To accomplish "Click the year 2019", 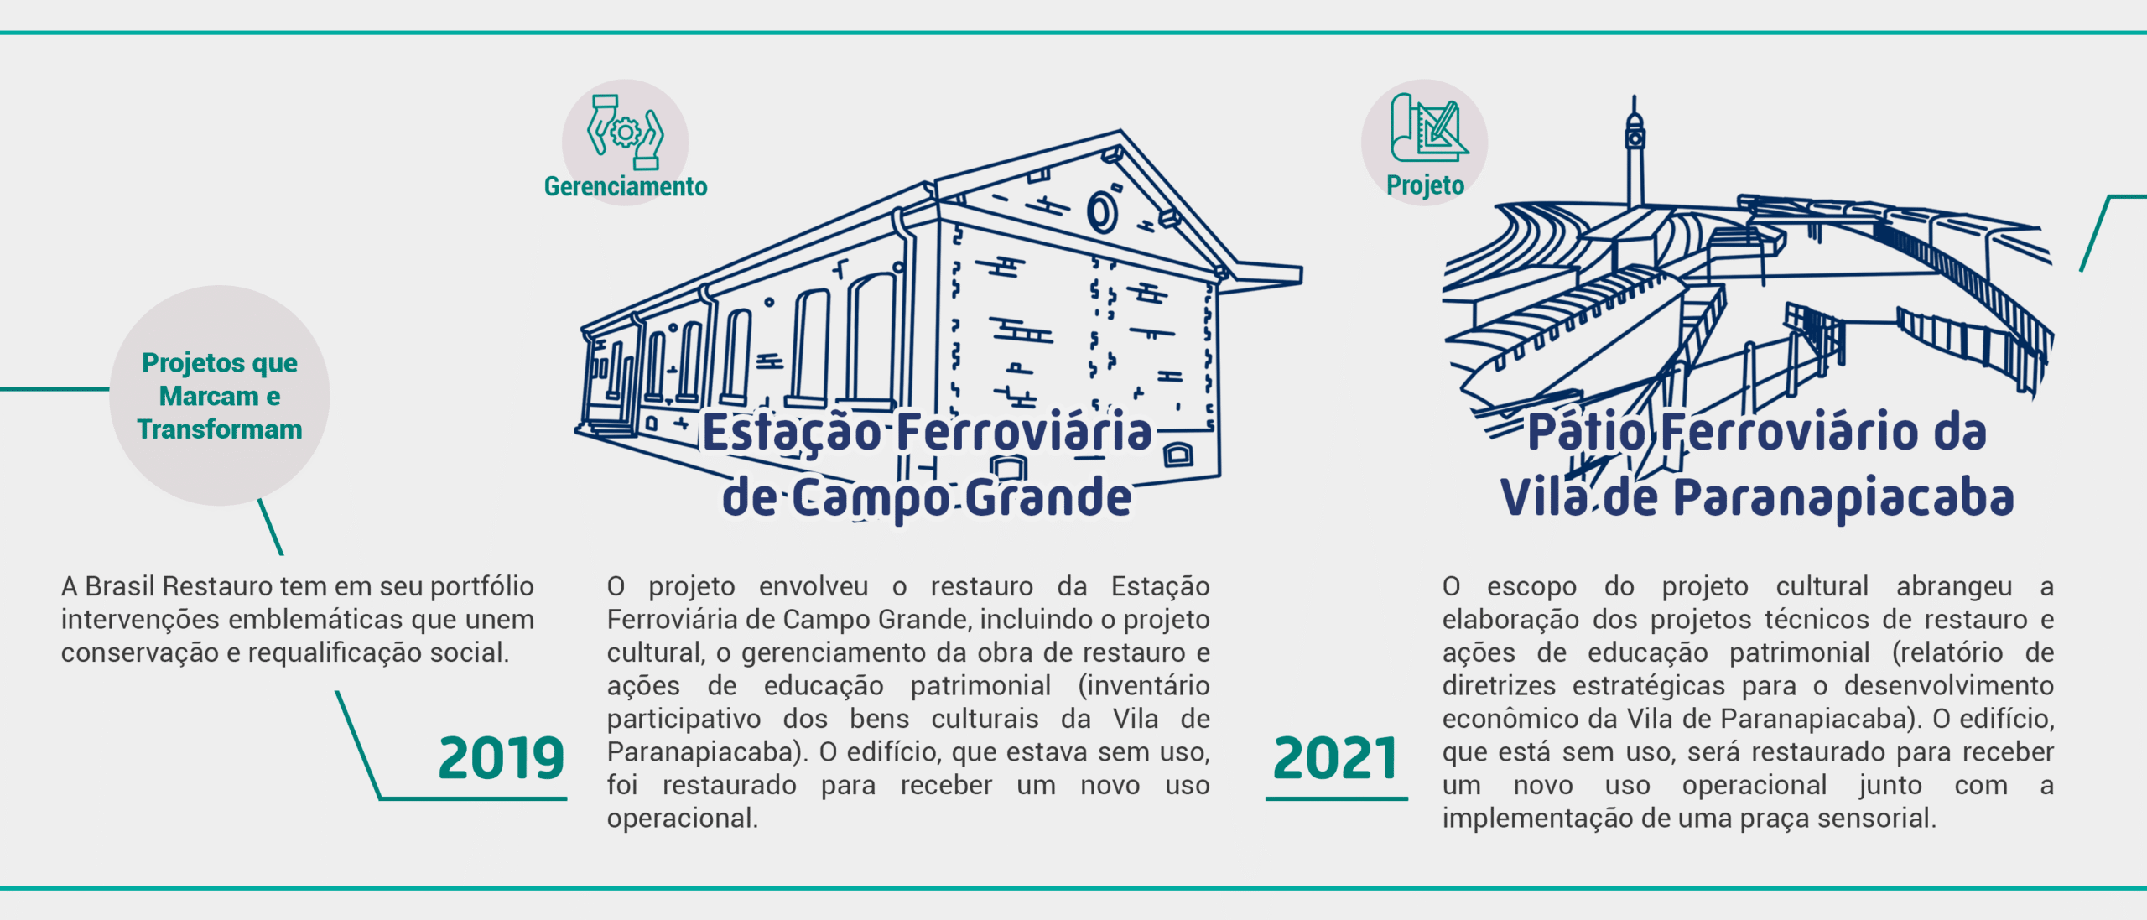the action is point(502,758).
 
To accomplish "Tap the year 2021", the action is point(1335,758).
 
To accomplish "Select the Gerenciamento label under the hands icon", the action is point(626,186).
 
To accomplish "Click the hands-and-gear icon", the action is point(626,132).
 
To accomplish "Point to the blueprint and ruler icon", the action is point(1428,127).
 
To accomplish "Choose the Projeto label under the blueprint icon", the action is point(1425,185).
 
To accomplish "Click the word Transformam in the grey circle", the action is point(220,429).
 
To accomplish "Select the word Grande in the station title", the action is point(1048,497).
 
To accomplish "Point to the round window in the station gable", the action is point(1102,211).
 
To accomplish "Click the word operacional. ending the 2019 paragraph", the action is point(683,819).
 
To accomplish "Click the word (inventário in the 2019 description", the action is point(1144,686).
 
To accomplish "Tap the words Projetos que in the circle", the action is point(220,363).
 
